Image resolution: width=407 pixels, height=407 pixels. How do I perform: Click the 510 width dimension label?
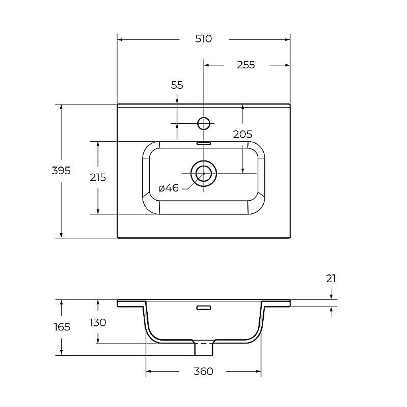point(203,39)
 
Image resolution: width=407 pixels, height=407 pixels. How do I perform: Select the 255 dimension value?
point(246,65)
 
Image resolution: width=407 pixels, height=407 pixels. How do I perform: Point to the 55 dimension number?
point(177,85)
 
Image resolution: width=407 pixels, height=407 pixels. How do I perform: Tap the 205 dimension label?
point(243,134)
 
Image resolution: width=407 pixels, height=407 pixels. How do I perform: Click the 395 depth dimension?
point(61,171)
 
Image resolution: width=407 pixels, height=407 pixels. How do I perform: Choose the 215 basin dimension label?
point(98,177)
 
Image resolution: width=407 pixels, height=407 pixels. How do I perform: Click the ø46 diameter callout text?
point(168,188)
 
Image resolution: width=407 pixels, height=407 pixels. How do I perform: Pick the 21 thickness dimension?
point(331,279)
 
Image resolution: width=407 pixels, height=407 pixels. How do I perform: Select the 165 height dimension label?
point(62,327)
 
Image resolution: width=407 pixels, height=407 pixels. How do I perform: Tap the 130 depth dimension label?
point(98,323)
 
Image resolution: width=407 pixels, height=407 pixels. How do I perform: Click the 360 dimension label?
point(203,372)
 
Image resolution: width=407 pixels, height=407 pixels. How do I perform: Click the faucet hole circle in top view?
point(203,123)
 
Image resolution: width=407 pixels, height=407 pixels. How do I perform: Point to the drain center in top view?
point(203,173)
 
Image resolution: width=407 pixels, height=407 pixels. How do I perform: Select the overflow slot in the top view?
point(203,143)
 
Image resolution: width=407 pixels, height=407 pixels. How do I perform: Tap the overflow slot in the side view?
point(203,308)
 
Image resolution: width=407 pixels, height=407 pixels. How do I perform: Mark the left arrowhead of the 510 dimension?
point(120,40)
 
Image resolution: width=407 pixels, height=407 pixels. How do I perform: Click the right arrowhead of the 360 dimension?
point(258,372)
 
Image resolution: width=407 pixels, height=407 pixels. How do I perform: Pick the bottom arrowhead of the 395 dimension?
point(61,235)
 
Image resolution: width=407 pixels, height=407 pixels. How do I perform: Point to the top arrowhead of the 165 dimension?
point(61,302)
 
